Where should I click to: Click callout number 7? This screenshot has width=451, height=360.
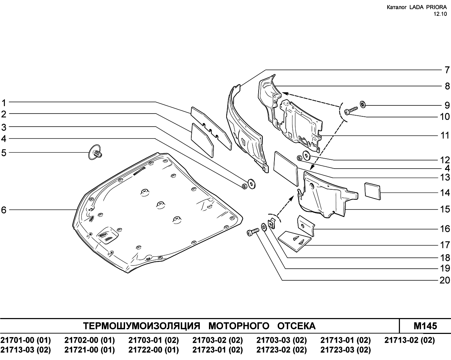click(447, 70)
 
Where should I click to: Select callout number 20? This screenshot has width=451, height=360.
click(445, 280)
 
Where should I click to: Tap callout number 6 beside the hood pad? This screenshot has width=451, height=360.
click(4, 210)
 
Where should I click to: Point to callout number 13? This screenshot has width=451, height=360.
click(445, 177)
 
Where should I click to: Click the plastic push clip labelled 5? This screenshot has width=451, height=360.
click(95, 152)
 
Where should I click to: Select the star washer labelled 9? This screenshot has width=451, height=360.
click(363, 104)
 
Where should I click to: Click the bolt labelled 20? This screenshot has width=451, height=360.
click(253, 232)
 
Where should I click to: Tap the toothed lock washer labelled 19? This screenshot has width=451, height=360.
click(264, 227)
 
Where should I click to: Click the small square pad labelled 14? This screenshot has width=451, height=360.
click(373, 191)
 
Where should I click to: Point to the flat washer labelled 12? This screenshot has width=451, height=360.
click(307, 155)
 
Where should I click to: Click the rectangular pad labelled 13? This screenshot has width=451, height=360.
click(286, 169)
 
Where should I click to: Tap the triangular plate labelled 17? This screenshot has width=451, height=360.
click(295, 241)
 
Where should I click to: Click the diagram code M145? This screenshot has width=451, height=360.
click(425, 326)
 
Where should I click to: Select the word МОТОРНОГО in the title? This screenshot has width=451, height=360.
click(239, 326)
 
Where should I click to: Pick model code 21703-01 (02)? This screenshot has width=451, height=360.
click(154, 340)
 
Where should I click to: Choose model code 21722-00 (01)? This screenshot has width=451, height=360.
click(154, 350)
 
